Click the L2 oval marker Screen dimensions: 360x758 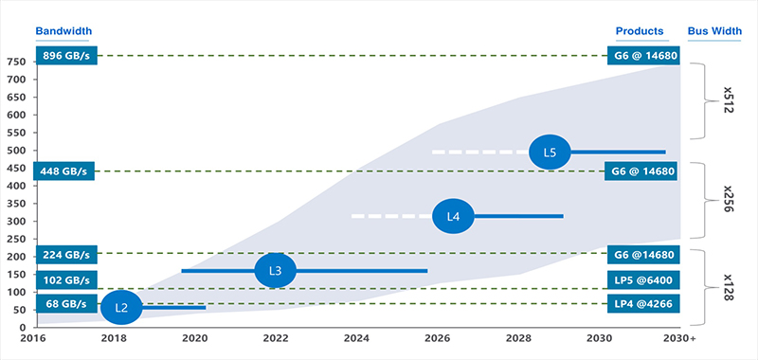[120, 307]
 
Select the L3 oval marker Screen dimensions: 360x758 [276, 271]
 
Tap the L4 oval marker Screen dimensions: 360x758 [453, 216]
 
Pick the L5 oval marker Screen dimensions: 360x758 [550, 152]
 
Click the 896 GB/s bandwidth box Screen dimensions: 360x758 [65, 56]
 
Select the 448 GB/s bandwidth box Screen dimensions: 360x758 [65, 171]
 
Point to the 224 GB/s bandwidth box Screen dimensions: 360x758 [65, 254]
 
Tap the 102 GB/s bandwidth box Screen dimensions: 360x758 [65, 280]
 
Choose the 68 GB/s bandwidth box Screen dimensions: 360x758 [65, 304]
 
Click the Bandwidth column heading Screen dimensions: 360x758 [63, 31]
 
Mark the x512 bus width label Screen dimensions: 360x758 [729, 101]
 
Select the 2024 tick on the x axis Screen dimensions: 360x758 [356, 338]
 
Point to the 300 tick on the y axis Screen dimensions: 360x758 [17, 221]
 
